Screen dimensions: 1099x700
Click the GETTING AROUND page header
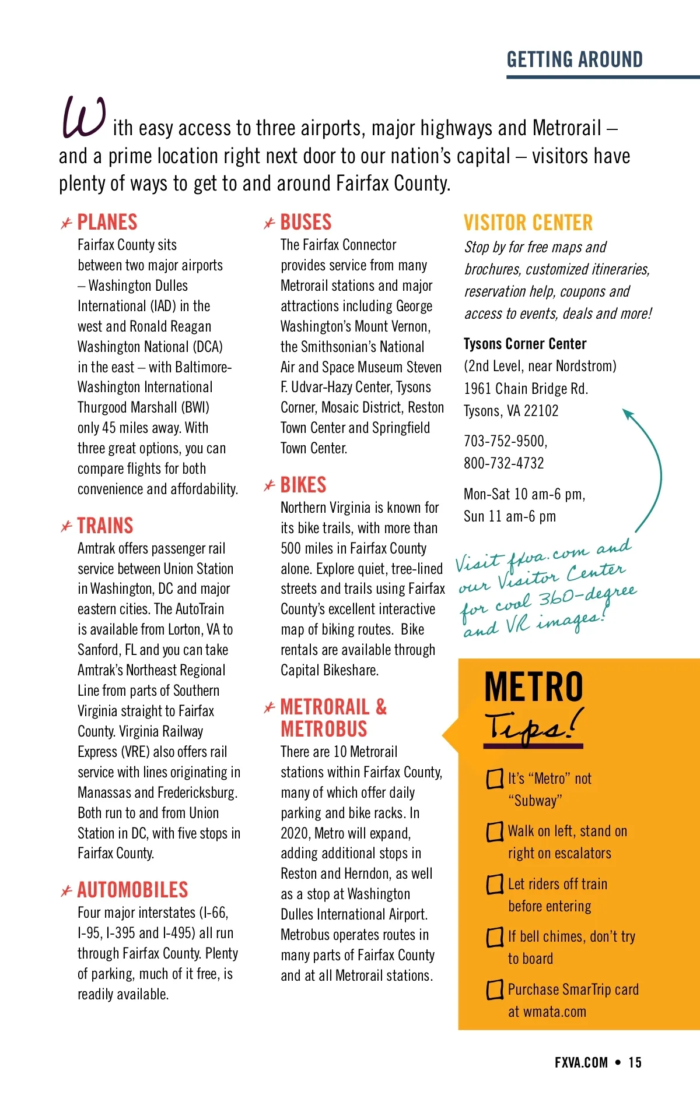[574, 59]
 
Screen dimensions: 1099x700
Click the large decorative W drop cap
[83, 118]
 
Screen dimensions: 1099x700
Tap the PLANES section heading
[107, 222]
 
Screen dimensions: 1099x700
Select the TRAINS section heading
[105, 526]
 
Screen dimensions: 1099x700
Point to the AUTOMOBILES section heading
[132, 890]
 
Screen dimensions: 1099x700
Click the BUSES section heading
[306, 222]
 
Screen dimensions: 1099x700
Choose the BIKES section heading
[303, 485]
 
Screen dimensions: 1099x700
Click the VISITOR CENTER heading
[528, 223]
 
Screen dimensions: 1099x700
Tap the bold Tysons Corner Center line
[525, 344]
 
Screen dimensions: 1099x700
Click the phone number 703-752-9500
[505, 441]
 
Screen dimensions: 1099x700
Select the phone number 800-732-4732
[504, 463]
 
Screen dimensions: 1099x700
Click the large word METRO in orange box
[534, 687]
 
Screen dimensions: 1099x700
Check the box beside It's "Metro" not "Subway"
[495, 779]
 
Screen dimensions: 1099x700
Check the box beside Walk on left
[495, 832]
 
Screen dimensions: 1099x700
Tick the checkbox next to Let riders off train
[495, 884]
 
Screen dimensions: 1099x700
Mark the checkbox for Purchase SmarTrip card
[495, 989]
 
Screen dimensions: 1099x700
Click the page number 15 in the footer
[635, 1062]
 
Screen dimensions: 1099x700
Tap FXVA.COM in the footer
[581, 1062]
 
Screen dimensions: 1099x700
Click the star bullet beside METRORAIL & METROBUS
[269, 708]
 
